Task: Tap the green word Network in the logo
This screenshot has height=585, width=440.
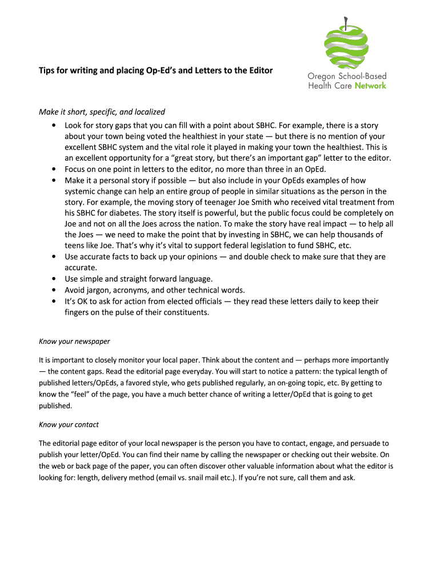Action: coord(370,86)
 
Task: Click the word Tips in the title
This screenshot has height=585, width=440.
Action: coord(47,71)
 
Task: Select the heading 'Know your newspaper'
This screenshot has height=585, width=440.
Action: coord(74,342)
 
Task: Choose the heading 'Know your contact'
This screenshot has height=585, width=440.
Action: coord(69,424)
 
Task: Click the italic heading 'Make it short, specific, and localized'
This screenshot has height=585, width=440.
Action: coord(102,112)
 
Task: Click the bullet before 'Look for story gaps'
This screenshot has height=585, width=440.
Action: coord(53,125)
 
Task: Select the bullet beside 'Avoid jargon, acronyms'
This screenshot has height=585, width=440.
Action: coord(53,290)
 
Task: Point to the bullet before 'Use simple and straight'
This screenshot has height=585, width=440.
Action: coord(53,279)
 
